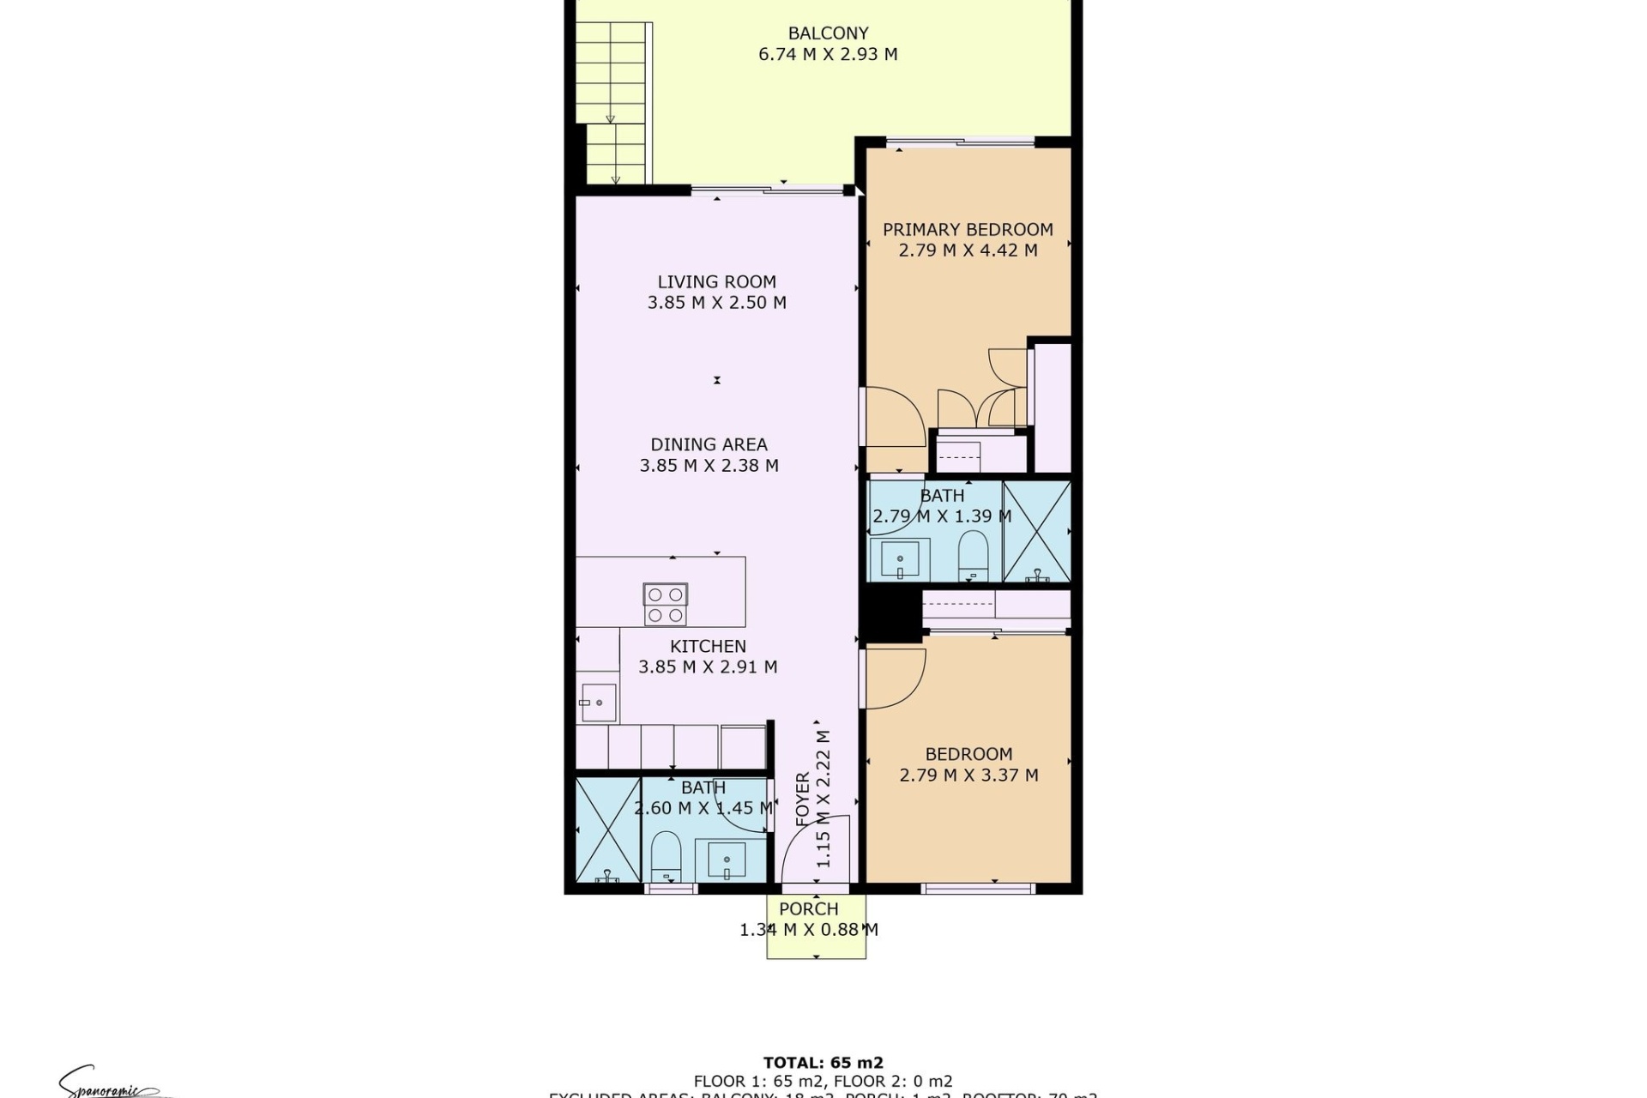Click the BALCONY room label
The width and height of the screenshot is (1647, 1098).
(828, 33)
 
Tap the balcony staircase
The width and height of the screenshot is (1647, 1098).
(611, 103)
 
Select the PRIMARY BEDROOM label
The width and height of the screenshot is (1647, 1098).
(968, 230)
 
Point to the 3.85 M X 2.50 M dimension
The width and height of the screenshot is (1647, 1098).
(716, 303)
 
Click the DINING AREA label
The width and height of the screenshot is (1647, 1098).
(709, 444)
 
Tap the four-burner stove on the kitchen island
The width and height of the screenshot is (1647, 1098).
(665, 604)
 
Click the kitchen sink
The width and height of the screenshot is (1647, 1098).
(598, 703)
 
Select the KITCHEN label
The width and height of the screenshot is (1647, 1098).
(708, 646)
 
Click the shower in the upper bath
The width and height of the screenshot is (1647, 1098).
(1036, 532)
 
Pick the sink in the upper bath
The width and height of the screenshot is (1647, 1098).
(899, 558)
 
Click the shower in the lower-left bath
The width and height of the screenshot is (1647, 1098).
(607, 830)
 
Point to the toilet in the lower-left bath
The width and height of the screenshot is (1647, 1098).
(665, 855)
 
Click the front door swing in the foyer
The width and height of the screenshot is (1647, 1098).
(815, 849)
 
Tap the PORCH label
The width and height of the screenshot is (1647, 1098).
(808, 909)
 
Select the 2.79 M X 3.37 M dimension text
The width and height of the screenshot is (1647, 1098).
(968, 775)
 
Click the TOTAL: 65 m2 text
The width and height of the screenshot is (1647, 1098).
(823, 1064)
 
